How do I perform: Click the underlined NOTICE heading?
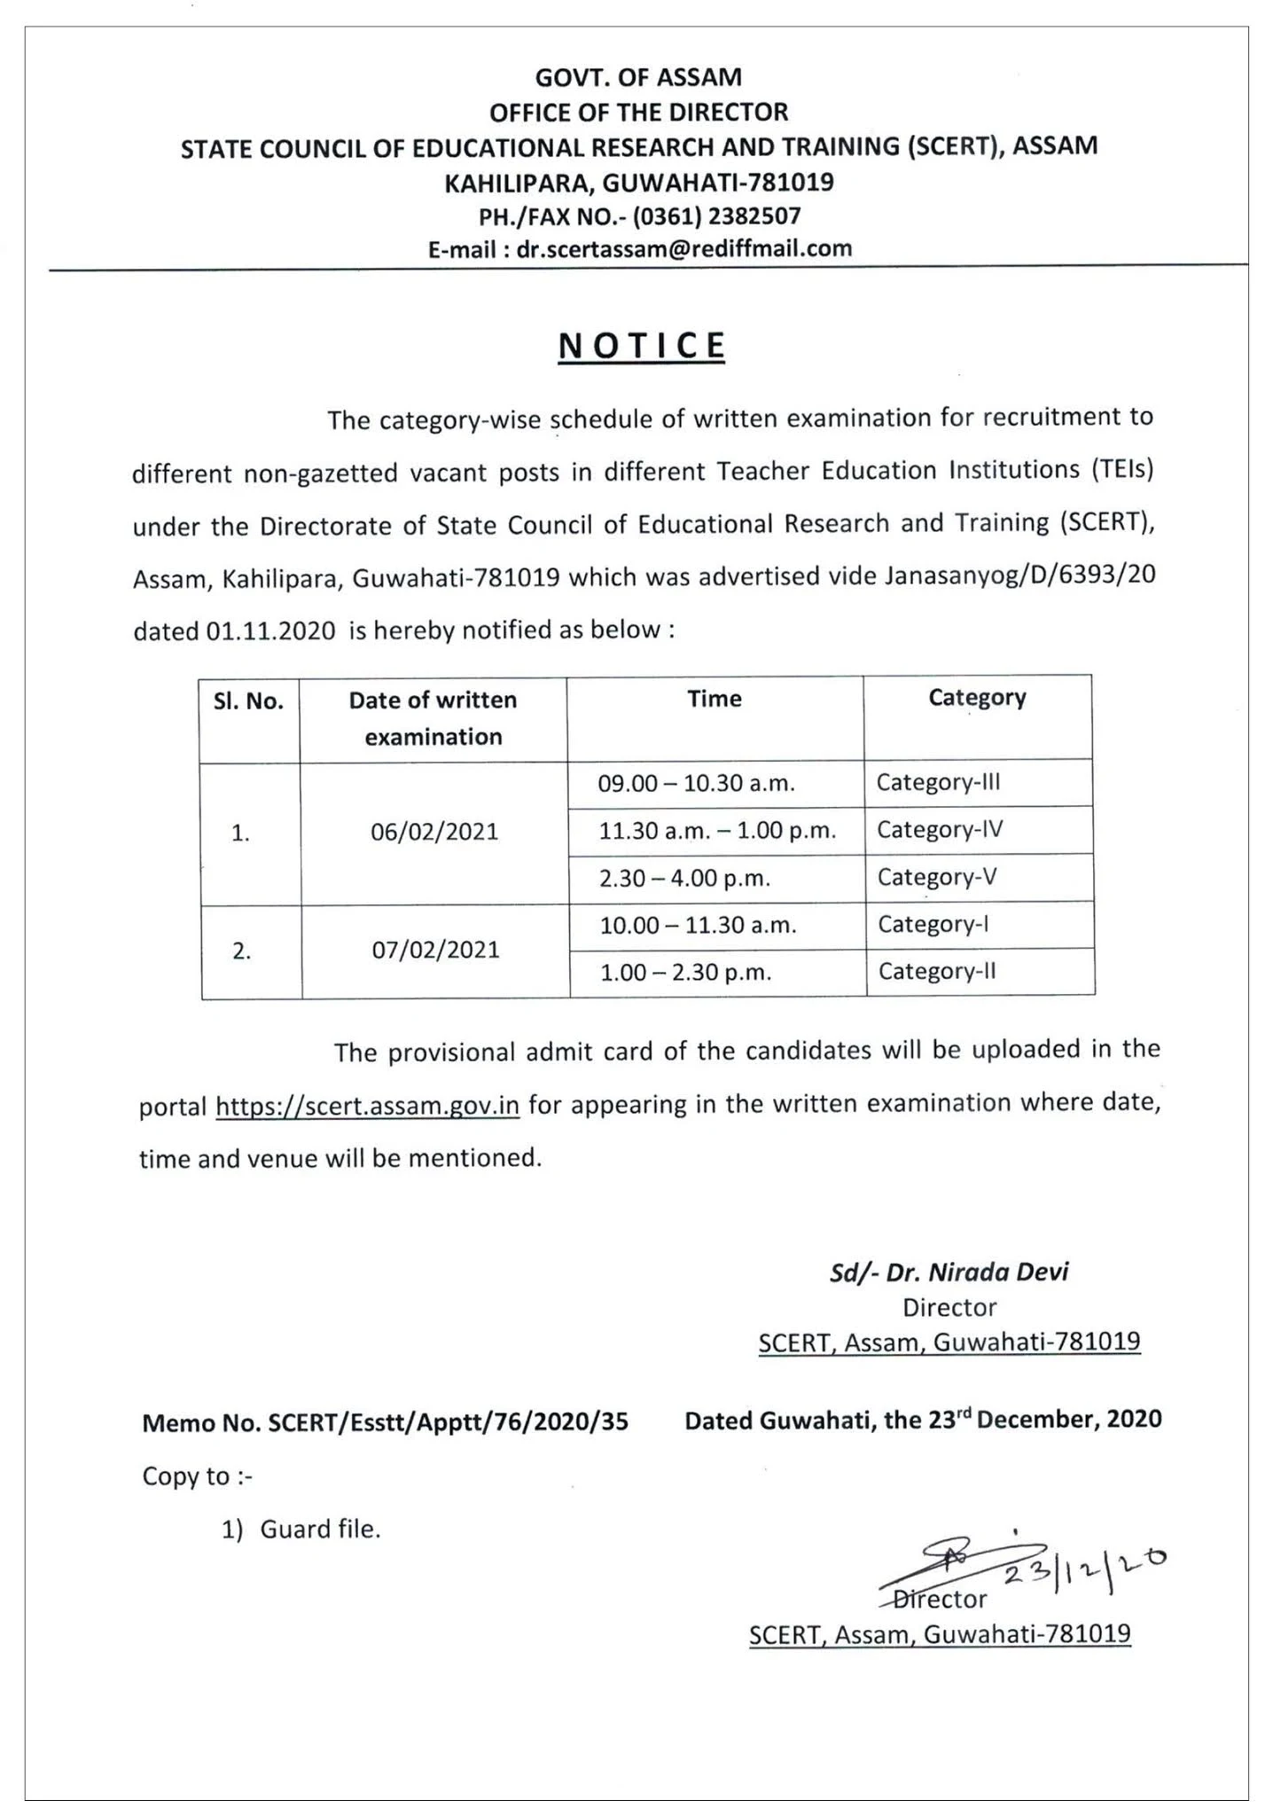click(642, 346)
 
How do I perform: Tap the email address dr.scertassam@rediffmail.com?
click(683, 249)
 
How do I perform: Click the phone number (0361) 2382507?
click(716, 216)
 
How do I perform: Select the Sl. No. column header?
click(248, 702)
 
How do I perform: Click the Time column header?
click(714, 699)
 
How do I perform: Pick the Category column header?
click(977, 698)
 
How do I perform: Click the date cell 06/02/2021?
click(434, 832)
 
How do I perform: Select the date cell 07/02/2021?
click(435, 950)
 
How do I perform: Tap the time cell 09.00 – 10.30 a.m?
click(696, 784)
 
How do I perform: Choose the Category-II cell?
click(937, 971)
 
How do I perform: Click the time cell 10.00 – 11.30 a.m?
click(698, 926)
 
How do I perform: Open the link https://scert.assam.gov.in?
click(367, 1107)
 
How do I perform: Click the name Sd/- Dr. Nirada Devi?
click(949, 1272)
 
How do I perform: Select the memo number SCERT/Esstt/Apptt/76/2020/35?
click(448, 1422)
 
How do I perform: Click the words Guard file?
click(320, 1529)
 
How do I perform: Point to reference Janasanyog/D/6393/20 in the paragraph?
click(1019, 576)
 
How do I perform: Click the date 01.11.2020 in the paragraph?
click(270, 631)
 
